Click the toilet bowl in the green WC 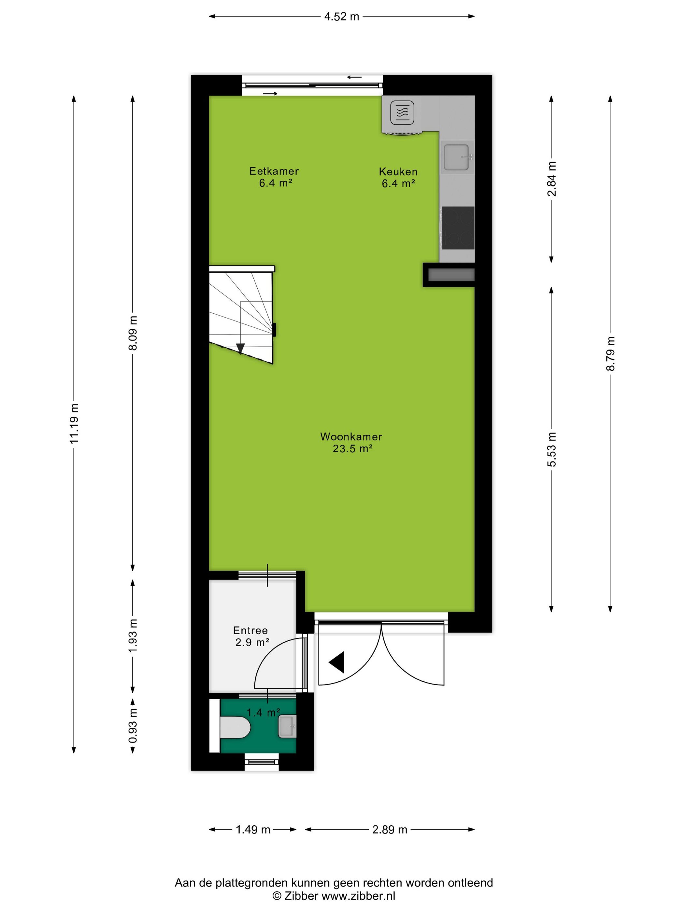(235, 727)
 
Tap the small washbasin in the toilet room (287, 726)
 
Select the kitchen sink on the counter (457, 157)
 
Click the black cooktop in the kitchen (458, 228)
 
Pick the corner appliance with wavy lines (402, 112)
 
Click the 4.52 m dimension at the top (342, 17)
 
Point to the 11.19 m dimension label (74, 423)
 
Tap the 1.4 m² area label (264, 712)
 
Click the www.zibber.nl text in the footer (358, 895)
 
